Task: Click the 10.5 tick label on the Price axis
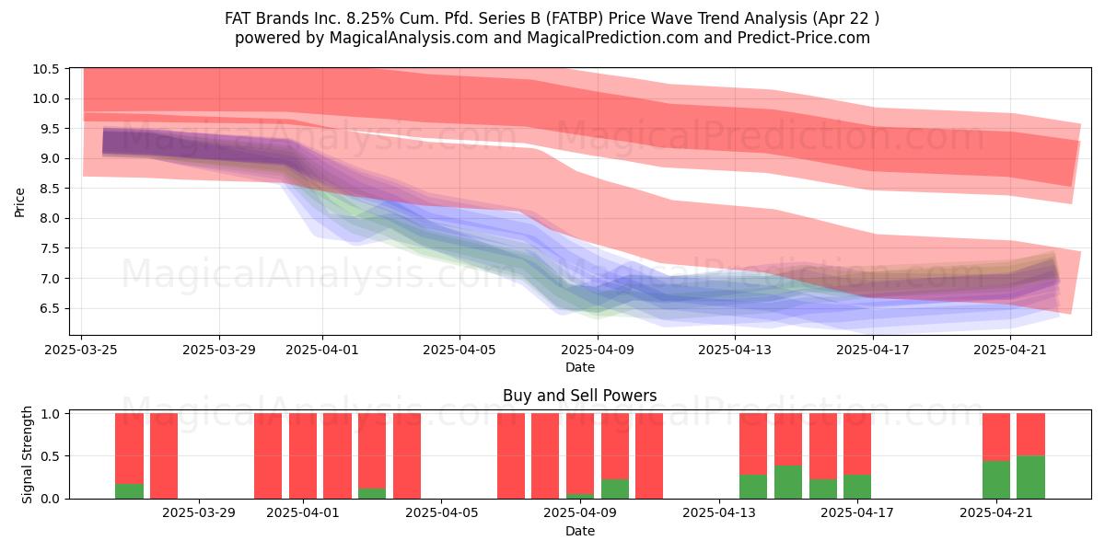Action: (x=45, y=69)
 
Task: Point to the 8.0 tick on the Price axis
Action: (x=50, y=218)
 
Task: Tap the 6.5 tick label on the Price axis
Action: (x=50, y=308)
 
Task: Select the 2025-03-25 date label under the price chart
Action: (x=81, y=350)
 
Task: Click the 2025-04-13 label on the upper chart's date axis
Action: (x=735, y=350)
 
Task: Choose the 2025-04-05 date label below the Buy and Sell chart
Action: (x=441, y=513)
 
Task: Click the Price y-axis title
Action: (x=19, y=202)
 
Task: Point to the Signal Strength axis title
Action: (x=27, y=454)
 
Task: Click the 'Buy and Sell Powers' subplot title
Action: (x=579, y=396)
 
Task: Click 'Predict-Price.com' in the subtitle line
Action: (x=804, y=38)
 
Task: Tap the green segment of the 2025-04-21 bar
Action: (x=996, y=479)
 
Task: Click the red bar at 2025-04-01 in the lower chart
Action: (x=303, y=456)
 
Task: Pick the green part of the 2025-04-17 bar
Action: (x=857, y=487)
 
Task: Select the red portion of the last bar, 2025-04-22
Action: (x=1030, y=434)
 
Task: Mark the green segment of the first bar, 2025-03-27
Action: (x=129, y=491)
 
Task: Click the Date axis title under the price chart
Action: (x=579, y=367)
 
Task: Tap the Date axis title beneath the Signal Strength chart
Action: (x=579, y=531)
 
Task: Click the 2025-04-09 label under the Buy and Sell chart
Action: (x=580, y=513)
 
